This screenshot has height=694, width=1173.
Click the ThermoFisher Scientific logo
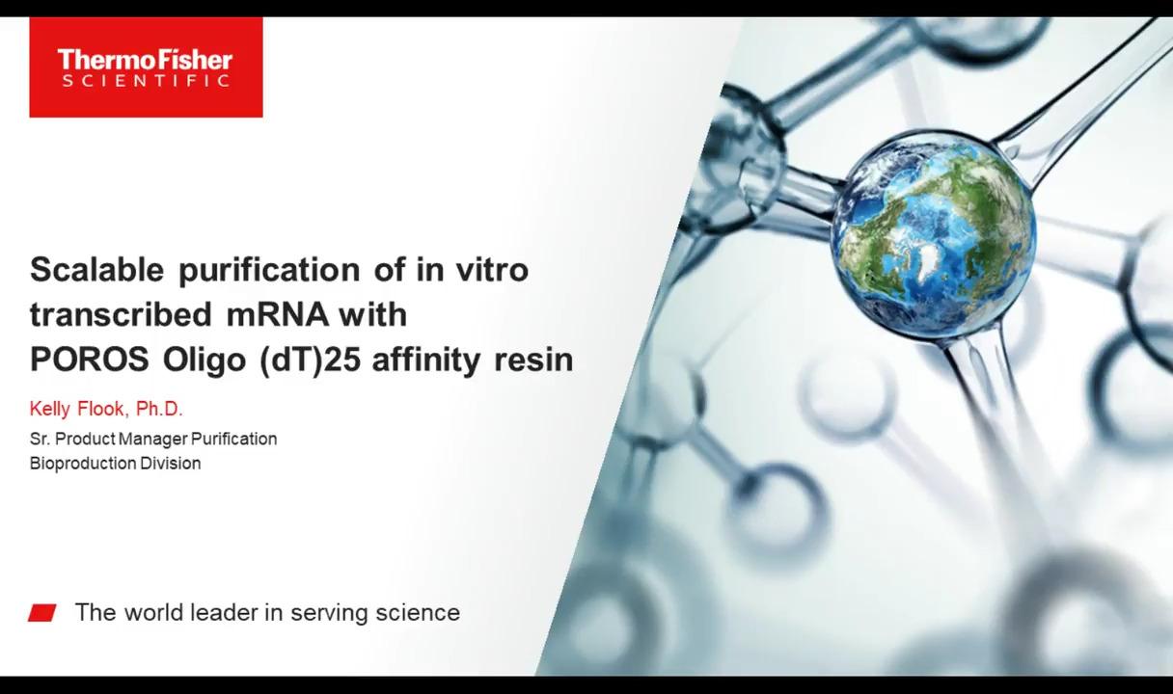[x=146, y=67]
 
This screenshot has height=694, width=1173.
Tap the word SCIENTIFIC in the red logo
[x=146, y=81]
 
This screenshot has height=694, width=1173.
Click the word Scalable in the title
[x=96, y=270]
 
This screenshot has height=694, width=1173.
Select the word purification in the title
[x=269, y=271]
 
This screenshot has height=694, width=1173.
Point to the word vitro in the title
[x=492, y=270]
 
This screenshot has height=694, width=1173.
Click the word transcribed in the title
[x=121, y=314]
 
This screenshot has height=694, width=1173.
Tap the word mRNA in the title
[x=278, y=315]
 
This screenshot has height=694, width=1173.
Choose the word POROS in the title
[x=90, y=360]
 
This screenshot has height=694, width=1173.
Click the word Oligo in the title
[x=205, y=360]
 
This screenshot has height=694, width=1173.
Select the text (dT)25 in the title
[x=310, y=360]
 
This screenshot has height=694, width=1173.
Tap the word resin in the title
[x=533, y=360]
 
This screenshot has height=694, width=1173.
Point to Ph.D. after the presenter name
[x=159, y=409]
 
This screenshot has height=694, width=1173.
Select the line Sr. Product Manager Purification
[x=153, y=439]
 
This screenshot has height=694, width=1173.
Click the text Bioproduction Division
[x=115, y=464]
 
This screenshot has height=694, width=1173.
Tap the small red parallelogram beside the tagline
[x=41, y=613]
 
